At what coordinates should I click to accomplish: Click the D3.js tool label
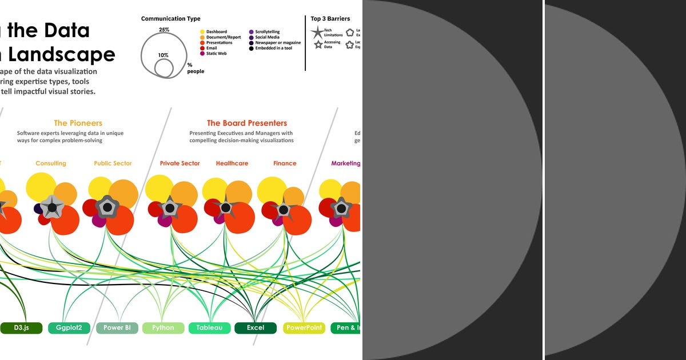pos(21,328)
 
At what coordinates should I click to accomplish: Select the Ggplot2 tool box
pos(69,328)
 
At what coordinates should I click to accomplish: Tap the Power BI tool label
pos(117,328)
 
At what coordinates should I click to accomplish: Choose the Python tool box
pos(163,328)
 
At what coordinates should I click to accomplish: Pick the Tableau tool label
pos(209,328)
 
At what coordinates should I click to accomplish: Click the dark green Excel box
pos(256,328)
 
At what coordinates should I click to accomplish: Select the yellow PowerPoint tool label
pos(304,328)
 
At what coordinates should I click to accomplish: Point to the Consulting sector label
pos(51,163)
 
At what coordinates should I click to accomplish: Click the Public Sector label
pos(113,163)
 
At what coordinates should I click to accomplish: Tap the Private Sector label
pos(180,163)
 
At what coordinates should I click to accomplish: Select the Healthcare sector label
pos(232,163)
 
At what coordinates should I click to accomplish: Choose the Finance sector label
pos(285,163)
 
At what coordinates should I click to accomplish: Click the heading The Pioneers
pos(78,123)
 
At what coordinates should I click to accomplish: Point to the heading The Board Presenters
pos(247,123)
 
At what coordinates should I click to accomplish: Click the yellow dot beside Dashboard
pos(202,32)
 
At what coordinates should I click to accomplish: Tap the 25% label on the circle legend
pos(164,29)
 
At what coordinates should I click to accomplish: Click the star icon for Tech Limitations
pos(317,33)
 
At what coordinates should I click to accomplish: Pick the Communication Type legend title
pos(171,19)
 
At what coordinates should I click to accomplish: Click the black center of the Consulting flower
pos(52,207)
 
